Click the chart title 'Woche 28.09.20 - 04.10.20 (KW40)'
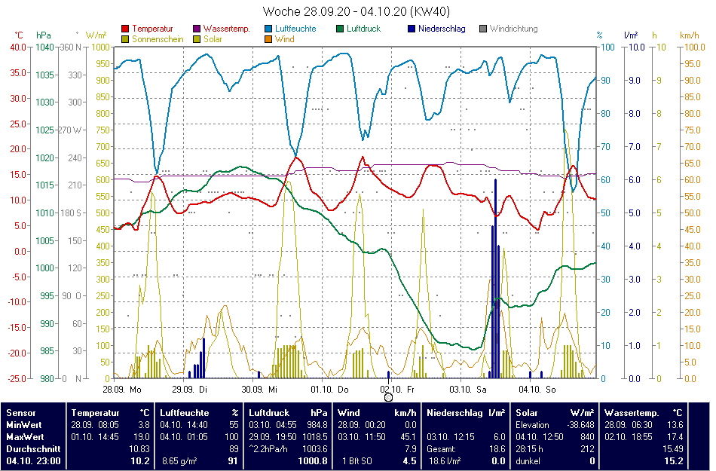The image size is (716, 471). (x=357, y=11)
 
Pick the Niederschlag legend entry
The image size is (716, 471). (x=441, y=29)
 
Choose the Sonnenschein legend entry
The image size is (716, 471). (x=157, y=39)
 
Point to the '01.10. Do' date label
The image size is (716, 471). (x=330, y=390)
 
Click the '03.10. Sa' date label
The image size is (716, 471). (x=468, y=390)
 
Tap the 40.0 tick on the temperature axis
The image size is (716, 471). (x=17, y=47)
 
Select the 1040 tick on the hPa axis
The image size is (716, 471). (x=44, y=47)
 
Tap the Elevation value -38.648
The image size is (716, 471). (x=577, y=425)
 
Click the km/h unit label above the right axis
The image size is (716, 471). (x=690, y=35)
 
